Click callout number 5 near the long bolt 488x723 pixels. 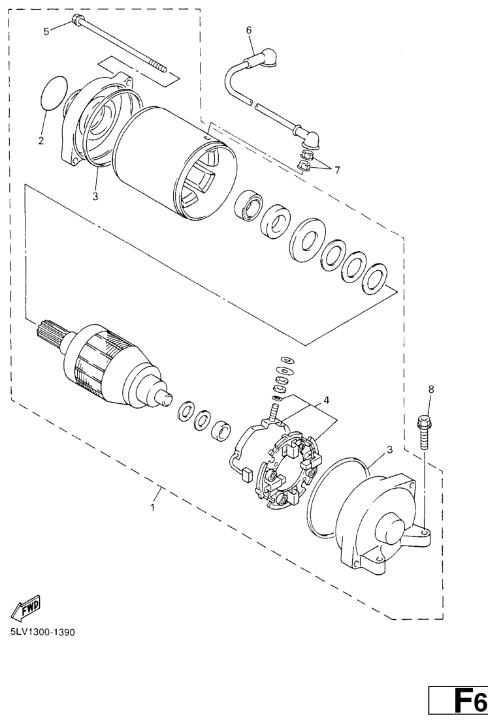46,31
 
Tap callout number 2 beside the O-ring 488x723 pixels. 41,141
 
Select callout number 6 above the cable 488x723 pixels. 250,31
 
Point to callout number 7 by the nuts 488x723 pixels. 337,170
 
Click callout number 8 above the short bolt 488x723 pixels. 431,390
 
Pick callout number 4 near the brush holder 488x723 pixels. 327,400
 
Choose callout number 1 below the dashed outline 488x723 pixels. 152,508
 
